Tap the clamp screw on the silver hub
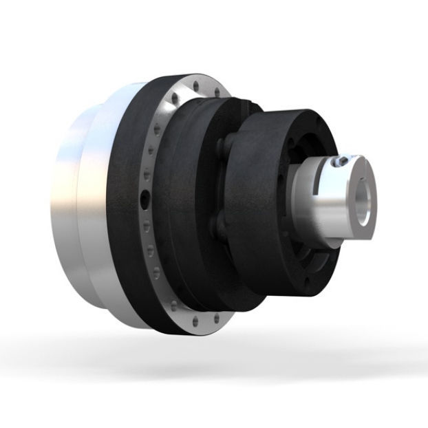pos(336,162)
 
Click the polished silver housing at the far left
pos(69,200)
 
